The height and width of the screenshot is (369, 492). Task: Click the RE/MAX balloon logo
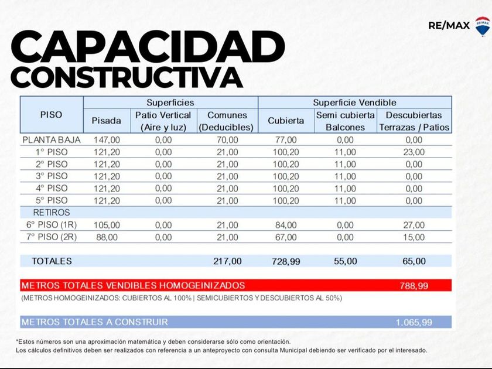[x=482, y=26]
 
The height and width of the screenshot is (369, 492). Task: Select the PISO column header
[x=51, y=115]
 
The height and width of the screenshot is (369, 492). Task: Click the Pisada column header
[x=106, y=121]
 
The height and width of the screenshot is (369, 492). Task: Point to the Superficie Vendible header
[x=354, y=102]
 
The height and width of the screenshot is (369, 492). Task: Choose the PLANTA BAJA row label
[x=51, y=140]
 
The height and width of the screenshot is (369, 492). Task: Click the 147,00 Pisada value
[x=107, y=140]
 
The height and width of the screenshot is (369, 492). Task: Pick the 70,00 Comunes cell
[x=227, y=140]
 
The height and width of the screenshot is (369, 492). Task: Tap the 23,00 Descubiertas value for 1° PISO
[x=414, y=152]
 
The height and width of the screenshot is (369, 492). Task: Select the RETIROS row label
[x=52, y=213]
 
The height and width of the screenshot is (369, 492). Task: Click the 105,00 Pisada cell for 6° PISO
[x=107, y=225]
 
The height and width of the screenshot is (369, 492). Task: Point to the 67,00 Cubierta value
[x=286, y=237]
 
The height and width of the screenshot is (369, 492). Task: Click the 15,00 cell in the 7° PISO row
[x=414, y=237]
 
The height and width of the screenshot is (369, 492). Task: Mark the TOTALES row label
[x=52, y=261]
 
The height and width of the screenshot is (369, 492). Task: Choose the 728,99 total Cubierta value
[x=286, y=262]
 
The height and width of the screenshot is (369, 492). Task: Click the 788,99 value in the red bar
[x=413, y=286]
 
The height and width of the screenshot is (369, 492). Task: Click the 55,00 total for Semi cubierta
[x=345, y=262]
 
